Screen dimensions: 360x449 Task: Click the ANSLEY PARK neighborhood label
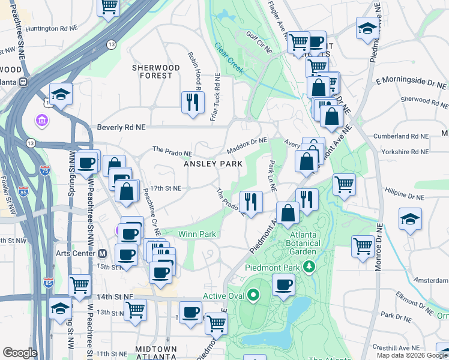212,164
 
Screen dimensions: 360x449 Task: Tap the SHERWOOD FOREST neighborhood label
156,71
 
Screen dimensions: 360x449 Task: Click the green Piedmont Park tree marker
310,266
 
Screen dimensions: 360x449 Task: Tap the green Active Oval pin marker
253,295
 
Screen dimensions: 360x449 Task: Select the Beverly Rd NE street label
121,128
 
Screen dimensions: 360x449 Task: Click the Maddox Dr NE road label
246,145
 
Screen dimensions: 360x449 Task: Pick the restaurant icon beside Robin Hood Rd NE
193,101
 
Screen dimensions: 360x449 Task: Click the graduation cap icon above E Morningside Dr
367,28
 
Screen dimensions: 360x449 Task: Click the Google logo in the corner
20,353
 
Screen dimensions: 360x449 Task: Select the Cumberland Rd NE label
403,136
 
